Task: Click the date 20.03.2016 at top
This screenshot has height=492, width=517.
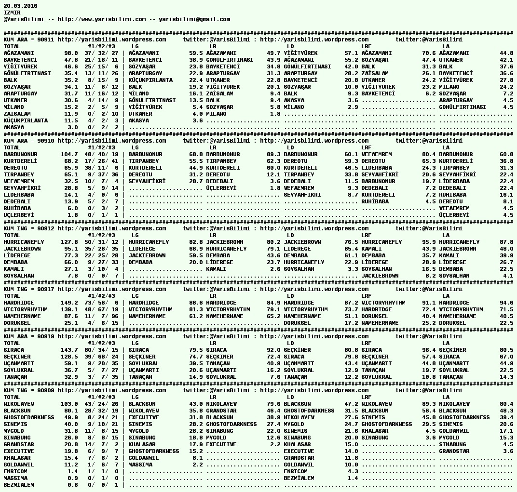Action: (x=20, y=6)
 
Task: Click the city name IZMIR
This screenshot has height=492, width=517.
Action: (x=12, y=13)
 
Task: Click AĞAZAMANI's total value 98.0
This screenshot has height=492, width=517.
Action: (x=71, y=53)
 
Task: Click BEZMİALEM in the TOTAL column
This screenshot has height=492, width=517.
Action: (x=19, y=485)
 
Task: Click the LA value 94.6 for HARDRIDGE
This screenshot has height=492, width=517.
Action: (x=506, y=303)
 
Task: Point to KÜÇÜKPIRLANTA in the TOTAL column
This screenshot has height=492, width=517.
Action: (x=26, y=120)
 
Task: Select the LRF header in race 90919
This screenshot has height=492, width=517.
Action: (x=367, y=343)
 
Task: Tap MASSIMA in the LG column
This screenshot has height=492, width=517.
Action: (x=140, y=465)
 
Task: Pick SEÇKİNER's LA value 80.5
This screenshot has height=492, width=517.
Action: (x=506, y=350)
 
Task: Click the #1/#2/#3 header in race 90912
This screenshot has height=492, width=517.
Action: (x=101, y=235)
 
